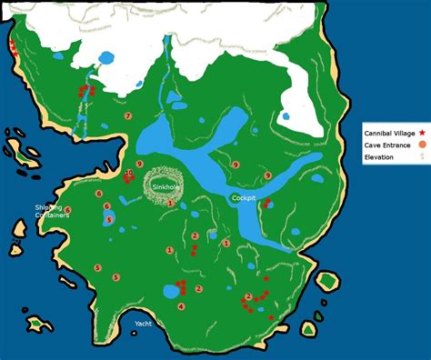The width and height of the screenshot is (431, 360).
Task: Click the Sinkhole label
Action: (x=166, y=186)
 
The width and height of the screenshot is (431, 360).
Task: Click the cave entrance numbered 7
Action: (x=128, y=116)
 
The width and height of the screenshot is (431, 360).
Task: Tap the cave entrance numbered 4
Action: (x=182, y=306)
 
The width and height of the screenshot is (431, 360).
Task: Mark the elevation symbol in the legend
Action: (x=422, y=157)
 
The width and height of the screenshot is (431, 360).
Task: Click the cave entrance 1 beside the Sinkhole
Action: (x=170, y=203)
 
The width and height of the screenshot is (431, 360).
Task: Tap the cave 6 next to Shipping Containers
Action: (x=67, y=210)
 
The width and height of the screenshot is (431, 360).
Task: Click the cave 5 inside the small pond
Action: (x=108, y=220)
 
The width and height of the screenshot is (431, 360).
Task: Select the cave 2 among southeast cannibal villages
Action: (x=248, y=296)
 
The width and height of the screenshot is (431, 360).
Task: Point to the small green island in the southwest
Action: (x=37, y=323)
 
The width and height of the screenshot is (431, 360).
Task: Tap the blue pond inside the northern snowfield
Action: (x=105, y=58)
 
